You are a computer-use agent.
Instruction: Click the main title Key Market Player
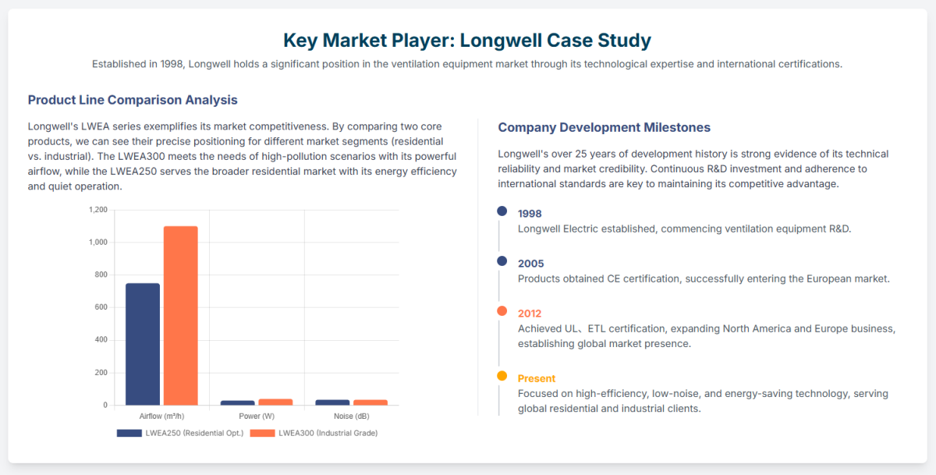[x=466, y=40]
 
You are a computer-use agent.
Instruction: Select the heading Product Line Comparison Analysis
[x=133, y=100]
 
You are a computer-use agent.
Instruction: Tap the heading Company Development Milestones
[x=604, y=127]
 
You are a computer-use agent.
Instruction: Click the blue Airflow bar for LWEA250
[x=143, y=344]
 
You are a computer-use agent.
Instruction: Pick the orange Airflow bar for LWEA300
[x=180, y=315]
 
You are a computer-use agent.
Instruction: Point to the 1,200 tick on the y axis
[x=98, y=210]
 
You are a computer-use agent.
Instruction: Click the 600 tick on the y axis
[x=101, y=307]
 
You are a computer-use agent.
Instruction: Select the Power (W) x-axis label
[x=257, y=417]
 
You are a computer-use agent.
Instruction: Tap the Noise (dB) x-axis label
[x=352, y=417]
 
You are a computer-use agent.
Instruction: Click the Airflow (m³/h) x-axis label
[x=161, y=417]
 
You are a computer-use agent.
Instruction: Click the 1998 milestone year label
[x=530, y=214]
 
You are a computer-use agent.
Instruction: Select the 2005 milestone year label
[x=530, y=264]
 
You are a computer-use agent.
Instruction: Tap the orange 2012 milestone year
[x=530, y=314]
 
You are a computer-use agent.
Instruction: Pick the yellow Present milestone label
[x=537, y=378]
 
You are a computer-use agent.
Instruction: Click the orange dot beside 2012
[x=502, y=311]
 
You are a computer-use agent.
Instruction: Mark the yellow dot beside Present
[x=502, y=376]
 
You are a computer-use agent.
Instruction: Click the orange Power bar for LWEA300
[x=275, y=402]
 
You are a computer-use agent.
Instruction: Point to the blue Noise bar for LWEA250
[x=332, y=402]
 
